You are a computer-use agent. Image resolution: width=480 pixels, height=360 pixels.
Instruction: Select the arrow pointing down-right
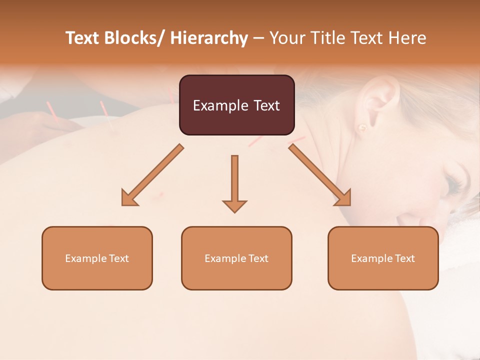point(320,175)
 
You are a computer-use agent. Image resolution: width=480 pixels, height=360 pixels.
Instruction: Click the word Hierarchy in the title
point(209,38)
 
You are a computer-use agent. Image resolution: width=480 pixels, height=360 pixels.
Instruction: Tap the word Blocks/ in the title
point(134,38)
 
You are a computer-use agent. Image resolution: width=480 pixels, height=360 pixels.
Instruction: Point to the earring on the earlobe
point(361,127)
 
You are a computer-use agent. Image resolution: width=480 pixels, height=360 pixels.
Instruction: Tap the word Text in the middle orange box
point(258,258)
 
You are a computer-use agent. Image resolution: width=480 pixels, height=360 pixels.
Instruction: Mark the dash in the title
point(258,38)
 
